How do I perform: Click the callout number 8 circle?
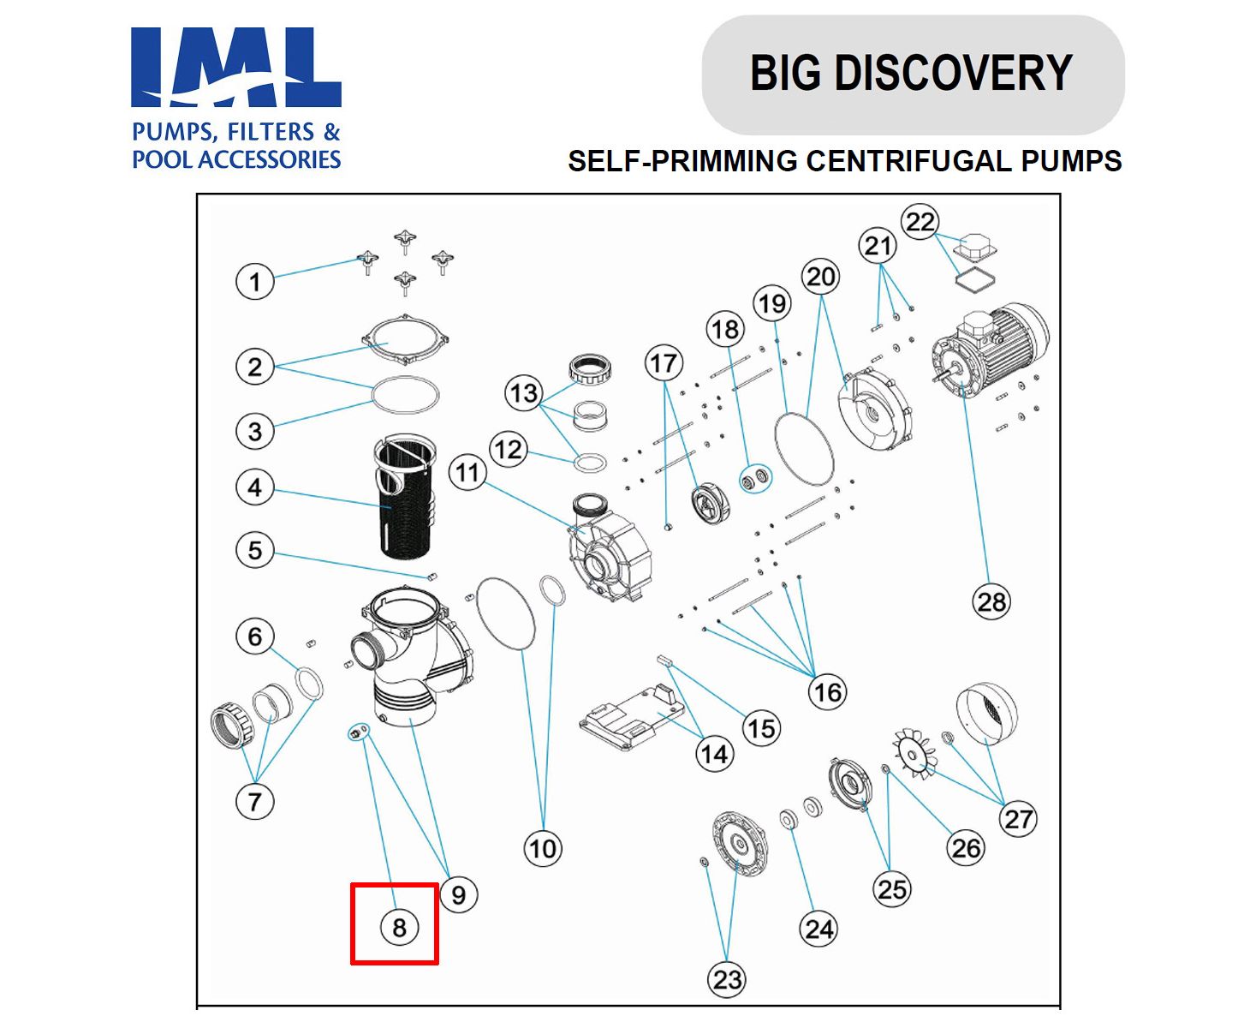399,927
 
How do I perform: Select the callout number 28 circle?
991,601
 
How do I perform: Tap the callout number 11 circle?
467,472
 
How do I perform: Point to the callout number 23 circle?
727,979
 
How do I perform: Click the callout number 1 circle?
254,282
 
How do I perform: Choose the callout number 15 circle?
760,729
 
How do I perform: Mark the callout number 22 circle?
920,223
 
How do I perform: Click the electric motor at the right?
993,351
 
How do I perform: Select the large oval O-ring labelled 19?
803,449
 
